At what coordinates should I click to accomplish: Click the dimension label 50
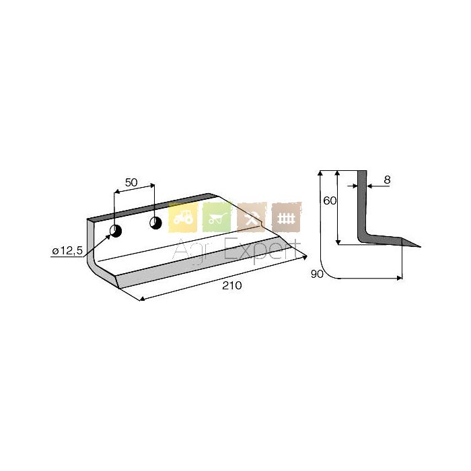[x=131, y=182]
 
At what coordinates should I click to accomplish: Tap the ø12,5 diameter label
[x=67, y=250]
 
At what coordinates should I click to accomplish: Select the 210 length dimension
[x=232, y=285]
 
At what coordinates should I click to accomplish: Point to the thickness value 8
[x=387, y=180]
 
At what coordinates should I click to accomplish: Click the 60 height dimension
[x=330, y=201]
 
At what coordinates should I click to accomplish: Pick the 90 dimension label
[x=317, y=274]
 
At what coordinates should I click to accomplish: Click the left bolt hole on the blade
[x=116, y=231]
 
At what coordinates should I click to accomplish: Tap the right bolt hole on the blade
[x=155, y=223]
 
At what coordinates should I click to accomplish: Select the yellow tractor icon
[x=183, y=217]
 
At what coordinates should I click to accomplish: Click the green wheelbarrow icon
[x=217, y=217]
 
